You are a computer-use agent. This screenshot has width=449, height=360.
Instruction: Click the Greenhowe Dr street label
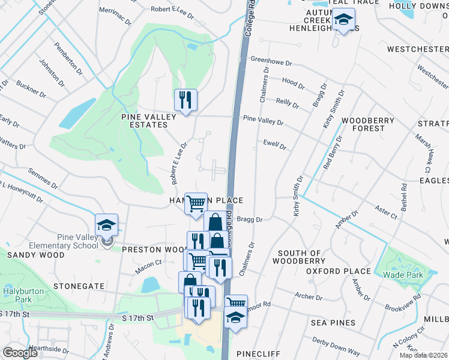(271, 61)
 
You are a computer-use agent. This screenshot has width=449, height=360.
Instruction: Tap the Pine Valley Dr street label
(263, 121)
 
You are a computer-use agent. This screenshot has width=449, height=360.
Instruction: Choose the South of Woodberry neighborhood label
(296, 257)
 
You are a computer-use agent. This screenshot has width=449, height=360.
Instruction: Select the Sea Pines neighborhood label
(333, 323)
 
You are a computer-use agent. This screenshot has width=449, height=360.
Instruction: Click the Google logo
(20, 353)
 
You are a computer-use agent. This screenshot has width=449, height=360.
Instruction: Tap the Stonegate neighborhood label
(79, 286)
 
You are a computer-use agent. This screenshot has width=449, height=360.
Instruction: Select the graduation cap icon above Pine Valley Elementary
(106, 224)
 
